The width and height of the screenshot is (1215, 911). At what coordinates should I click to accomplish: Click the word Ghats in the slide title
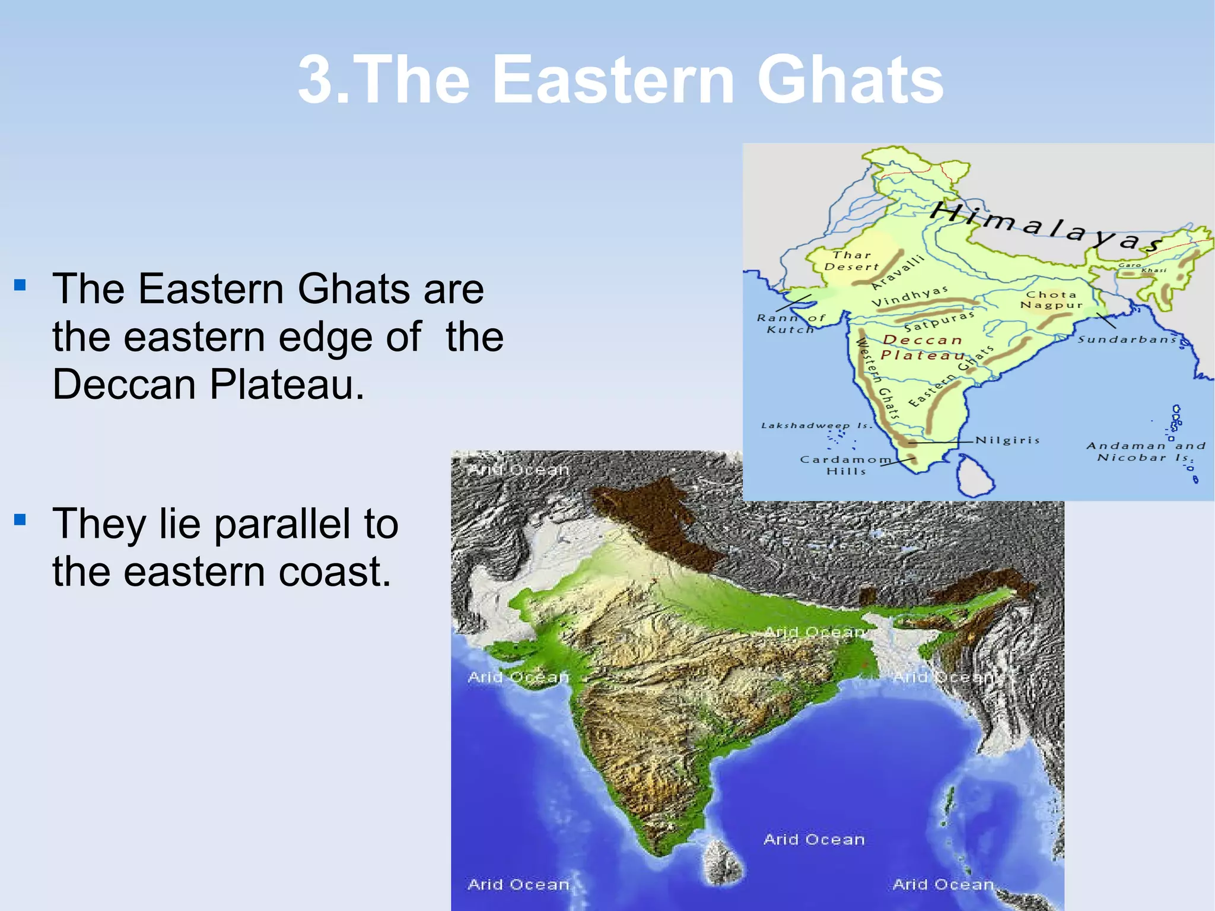[x=850, y=80]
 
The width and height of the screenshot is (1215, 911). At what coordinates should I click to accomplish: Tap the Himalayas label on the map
[x=1044, y=227]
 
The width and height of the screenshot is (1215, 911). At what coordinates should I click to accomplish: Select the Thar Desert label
[x=851, y=261]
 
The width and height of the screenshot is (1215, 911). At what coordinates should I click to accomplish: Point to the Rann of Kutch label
[x=790, y=323]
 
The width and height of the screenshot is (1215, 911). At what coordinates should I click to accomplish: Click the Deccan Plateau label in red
[x=923, y=348]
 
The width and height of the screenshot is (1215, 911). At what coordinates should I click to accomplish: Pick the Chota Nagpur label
[x=1051, y=300]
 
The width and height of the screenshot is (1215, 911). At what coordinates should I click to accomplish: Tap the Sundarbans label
[x=1127, y=339]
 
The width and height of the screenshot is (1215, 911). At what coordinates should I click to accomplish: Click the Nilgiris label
[x=1007, y=440]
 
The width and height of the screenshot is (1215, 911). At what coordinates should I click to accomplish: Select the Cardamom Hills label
[x=845, y=465]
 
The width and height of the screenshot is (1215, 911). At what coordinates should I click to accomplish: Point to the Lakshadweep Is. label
[x=816, y=426]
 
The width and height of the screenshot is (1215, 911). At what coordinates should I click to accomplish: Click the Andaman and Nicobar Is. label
[x=1146, y=451]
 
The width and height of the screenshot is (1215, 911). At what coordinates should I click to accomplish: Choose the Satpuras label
[x=939, y=321]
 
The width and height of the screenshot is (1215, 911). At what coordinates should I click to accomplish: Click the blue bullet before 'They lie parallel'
[x=20, y=520]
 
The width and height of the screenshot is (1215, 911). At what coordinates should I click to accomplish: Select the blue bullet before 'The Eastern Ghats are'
[x=20, y=285]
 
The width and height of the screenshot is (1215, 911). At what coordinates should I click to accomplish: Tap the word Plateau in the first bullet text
[x=287, y=384]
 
